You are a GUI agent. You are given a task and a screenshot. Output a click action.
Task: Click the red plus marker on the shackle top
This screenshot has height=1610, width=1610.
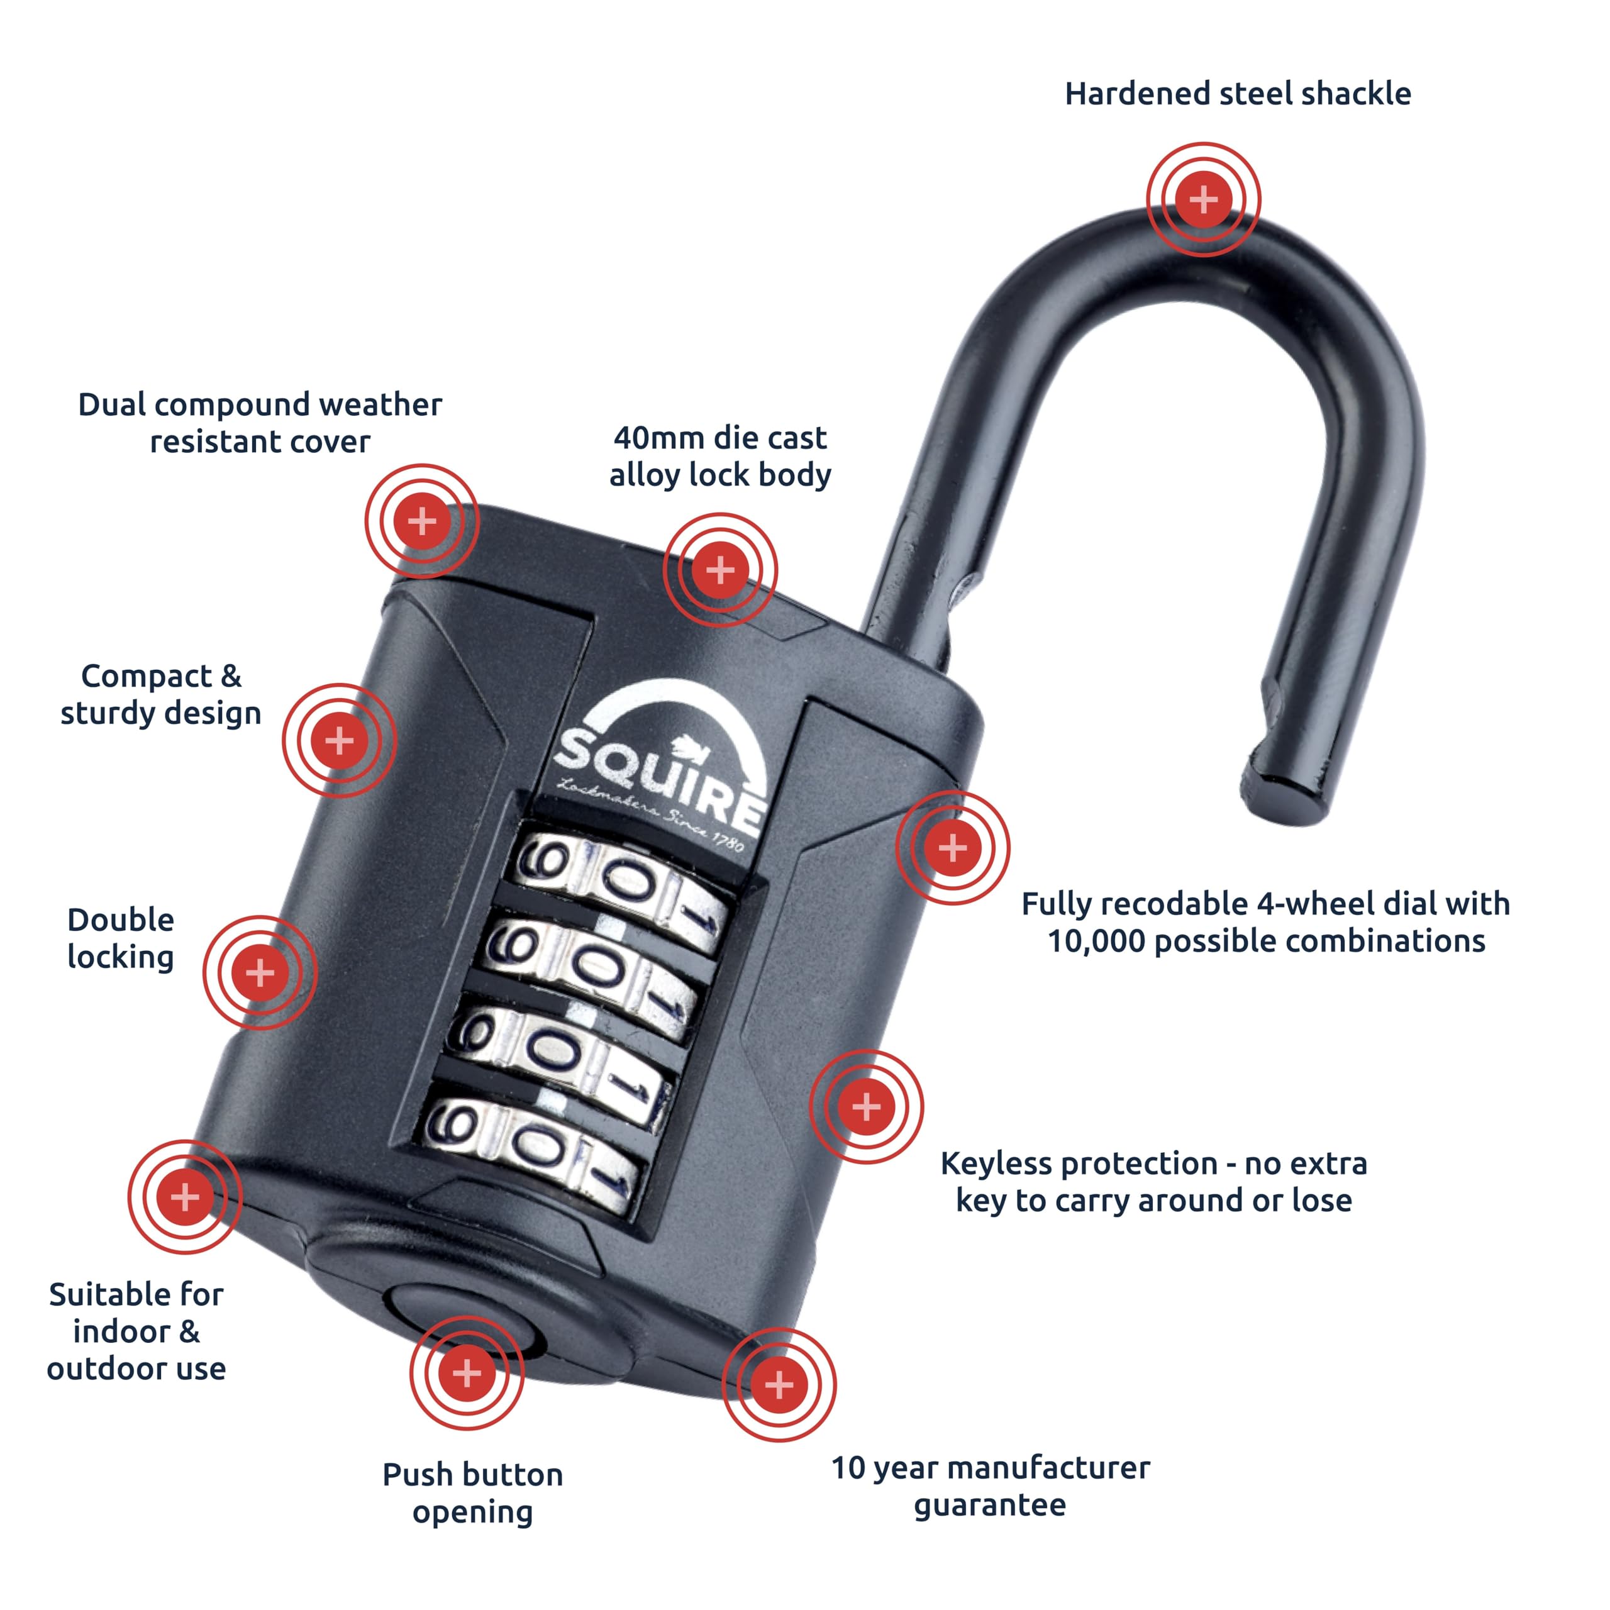pos(1202,199)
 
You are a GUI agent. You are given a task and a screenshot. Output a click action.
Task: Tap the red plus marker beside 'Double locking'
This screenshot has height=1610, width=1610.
pos(260,972)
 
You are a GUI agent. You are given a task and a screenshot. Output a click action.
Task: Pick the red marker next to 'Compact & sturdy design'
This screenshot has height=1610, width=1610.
pos(339,740)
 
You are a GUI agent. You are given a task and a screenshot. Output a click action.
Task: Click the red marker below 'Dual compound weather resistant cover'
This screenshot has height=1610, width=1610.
pos(421,521)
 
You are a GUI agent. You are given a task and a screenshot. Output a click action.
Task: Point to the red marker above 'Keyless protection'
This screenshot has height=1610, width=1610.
pos(866,1107)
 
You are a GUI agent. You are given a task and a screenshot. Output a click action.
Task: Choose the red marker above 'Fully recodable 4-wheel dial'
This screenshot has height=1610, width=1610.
pos(953,848)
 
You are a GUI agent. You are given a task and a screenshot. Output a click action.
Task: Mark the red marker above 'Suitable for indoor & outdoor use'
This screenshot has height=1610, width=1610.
pos(185,1197)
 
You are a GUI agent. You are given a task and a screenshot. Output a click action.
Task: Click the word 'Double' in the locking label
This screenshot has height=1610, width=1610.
pos(121,920)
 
